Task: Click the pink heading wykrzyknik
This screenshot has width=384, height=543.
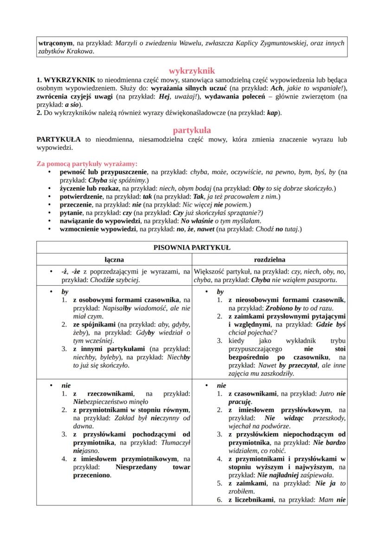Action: pos(192,71)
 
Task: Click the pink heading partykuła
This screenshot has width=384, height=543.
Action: pos(192,130)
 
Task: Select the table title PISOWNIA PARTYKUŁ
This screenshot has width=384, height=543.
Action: pos(192,247)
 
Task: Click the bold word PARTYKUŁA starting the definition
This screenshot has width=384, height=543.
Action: pos(58,139)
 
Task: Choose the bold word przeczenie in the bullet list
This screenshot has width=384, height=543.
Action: pos(77,204)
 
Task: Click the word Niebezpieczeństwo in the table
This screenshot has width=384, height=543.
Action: pos(102,402)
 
